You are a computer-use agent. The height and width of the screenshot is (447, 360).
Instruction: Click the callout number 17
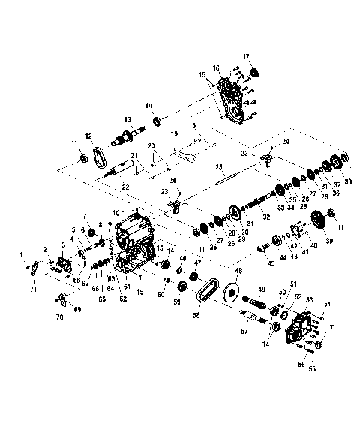tap(246, 57)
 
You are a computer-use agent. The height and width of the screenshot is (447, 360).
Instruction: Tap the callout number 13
tap(128, 120)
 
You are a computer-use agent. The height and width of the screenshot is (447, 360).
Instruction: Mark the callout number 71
tap(33, 288)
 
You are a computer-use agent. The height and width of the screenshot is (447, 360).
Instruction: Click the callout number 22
tap(124, 187)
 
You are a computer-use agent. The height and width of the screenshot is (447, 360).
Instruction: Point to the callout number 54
tap(327, 304)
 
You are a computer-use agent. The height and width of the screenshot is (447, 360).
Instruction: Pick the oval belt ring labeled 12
tap(98, 160)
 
